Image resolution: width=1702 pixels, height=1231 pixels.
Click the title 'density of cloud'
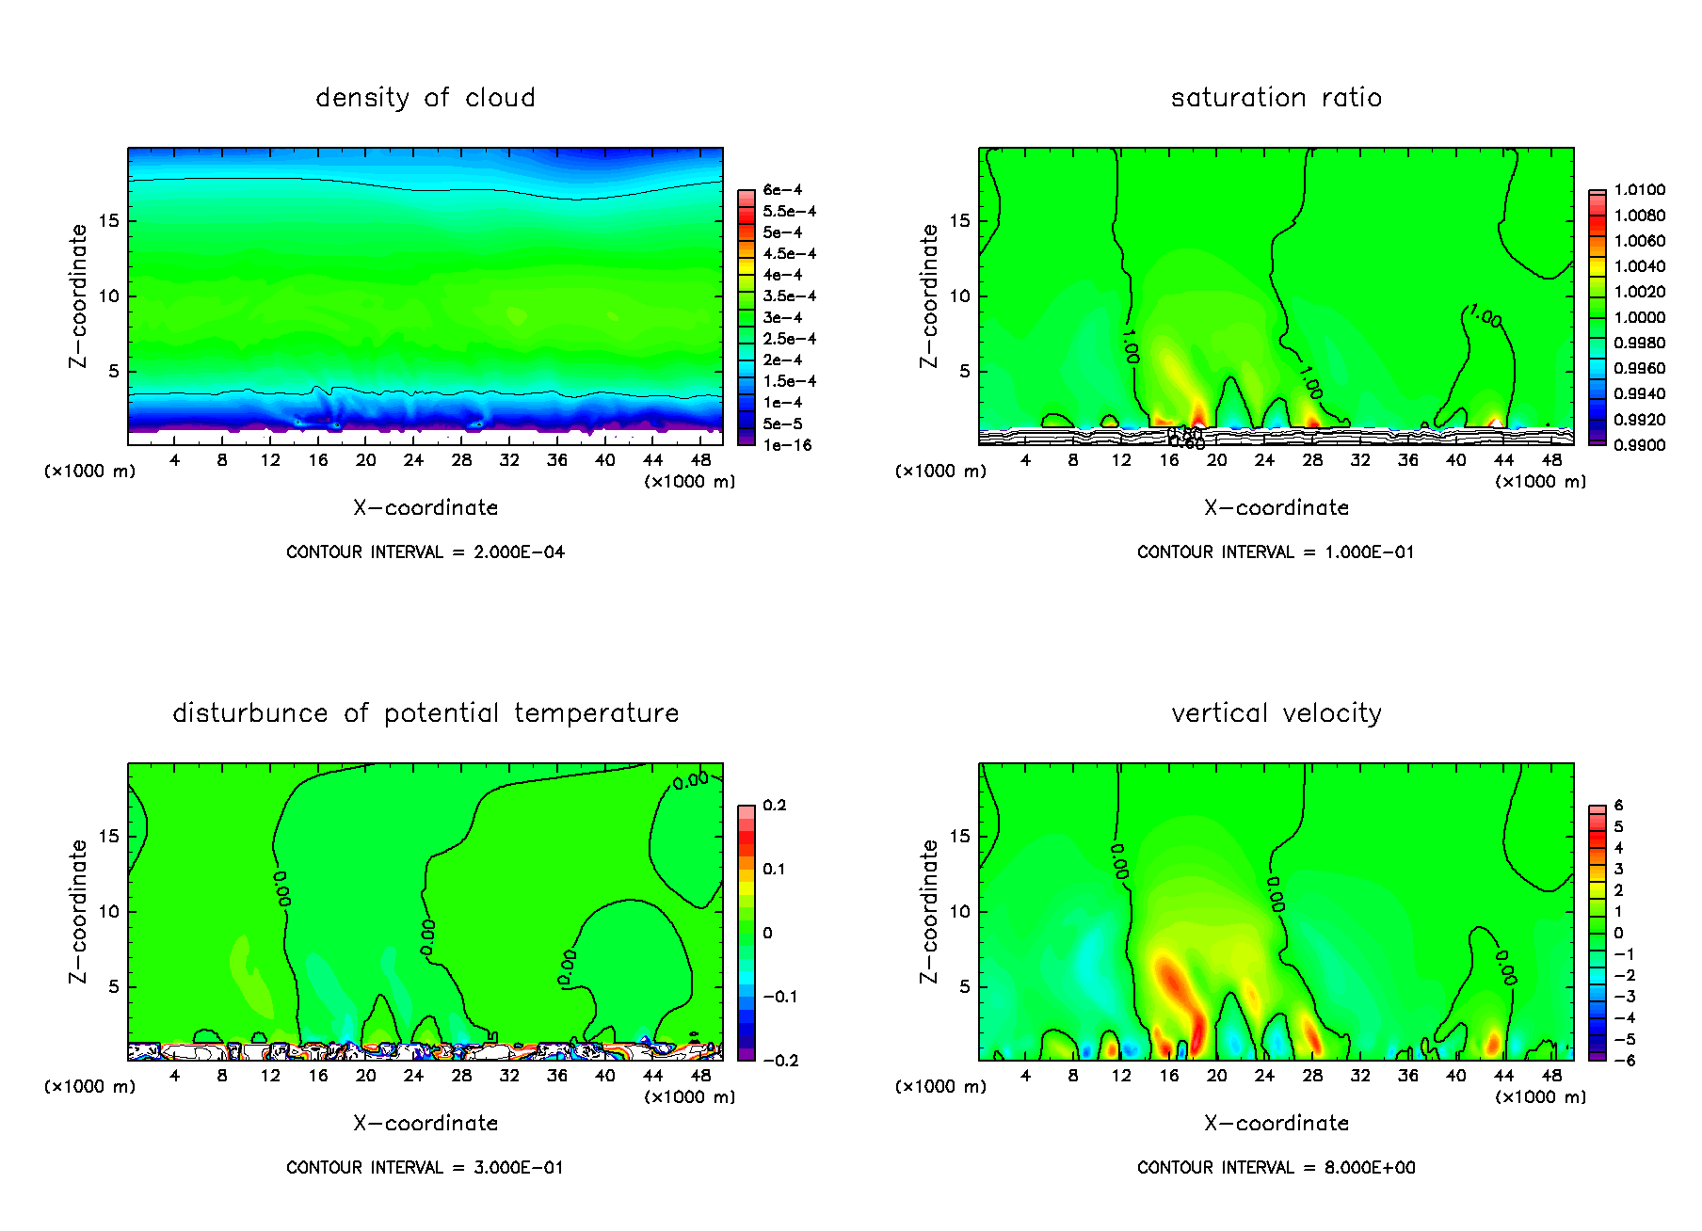[425, 98]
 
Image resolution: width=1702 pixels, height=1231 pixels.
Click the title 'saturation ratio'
[1276, 98]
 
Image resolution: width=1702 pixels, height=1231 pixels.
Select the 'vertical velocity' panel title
[1276, 713]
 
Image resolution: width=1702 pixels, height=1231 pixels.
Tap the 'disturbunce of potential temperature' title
[425, 713]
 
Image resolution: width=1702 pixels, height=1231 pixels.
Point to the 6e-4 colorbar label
[782, 190]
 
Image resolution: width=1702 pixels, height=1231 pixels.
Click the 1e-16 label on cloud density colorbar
[787, 445]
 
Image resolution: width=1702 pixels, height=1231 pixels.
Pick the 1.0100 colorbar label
[1639, 190]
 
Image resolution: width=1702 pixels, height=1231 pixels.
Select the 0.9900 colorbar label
[1639, 445]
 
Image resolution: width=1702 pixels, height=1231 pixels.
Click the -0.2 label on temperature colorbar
[779, 1061]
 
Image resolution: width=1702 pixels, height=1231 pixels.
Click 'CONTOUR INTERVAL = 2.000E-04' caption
[425, 552]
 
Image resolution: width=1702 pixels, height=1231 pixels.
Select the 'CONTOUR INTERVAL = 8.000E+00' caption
[1276, 1168]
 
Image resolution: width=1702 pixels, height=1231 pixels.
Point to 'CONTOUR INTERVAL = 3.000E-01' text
[425, 1168]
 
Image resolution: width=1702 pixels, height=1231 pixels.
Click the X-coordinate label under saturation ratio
[1276, 508]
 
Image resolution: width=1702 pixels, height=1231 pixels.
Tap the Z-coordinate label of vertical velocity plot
[929, 911]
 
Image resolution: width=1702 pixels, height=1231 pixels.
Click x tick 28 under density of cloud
[461, 460]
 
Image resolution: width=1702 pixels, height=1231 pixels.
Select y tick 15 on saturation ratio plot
[959, 221]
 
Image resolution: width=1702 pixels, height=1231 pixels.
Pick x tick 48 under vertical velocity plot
[1551, 1076]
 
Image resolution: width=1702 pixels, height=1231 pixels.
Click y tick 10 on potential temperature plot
[109, 912]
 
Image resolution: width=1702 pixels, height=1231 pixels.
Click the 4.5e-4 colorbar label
[789, 254]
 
